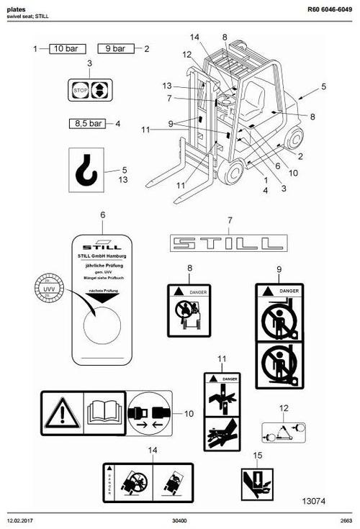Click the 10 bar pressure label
[67, 49]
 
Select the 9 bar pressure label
[116, 49]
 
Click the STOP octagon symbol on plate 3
[81, 90]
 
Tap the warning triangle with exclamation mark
[62, 413]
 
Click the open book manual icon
[105, 413]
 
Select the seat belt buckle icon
[150, 414]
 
